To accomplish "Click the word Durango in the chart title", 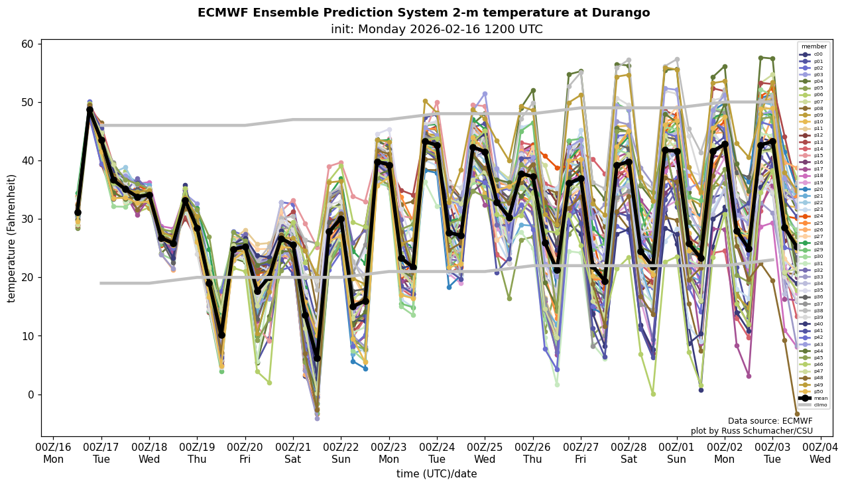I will click(x=621, y=13).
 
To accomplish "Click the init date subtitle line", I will click(x=436, y=29).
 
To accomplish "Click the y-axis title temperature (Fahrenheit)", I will click(x=11, y=238).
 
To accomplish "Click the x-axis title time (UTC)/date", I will click(x=436, y=474).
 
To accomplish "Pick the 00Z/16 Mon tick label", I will click(x=53, y=454).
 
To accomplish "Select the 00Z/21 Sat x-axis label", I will click(x=293, y=454).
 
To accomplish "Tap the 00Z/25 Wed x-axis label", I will click(x=485, y=454).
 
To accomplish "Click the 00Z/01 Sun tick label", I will click(x=676, y=454).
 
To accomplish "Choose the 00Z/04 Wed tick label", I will click(x=820, y=454).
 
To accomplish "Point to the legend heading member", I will click(x=814, y=46).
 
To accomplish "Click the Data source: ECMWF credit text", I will click(x=770, y=421).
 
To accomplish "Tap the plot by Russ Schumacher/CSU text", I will click(x=751, y=431).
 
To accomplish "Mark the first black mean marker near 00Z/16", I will click(x=78, y=212).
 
